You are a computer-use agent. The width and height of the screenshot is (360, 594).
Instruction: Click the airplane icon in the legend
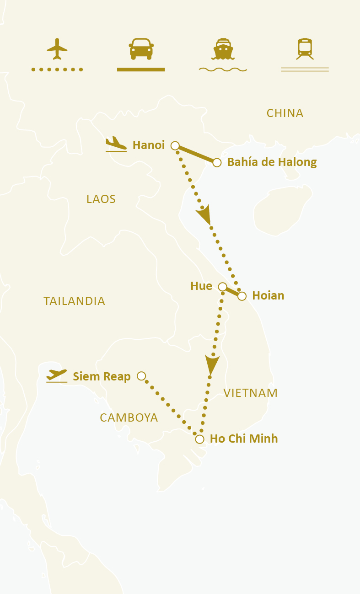pyautogui.click(x=57, y=48)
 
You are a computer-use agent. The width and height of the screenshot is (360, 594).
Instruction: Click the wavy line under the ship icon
pyautogui.click(x=223, y=70)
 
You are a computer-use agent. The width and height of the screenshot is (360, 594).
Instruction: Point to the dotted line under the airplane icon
pyautogui.click(x=57, y=70)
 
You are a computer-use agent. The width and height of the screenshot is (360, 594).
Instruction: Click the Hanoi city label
pyautogui.click(x=148, y=145)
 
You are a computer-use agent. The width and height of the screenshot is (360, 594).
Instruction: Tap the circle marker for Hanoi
pyautogui.click(x=175, y=145)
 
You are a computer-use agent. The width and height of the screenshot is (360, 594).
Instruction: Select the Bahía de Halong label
pyautogui.click(x=272, y=162)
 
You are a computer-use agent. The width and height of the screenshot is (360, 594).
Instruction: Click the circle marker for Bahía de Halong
pyautogui.click(x=217, y=162)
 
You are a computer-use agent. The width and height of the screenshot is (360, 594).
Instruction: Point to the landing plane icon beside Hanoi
pyautogui.click(x=116, y=144)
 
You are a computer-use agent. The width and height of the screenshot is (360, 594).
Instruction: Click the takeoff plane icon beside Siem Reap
pyautogui.click(x=57, y=375)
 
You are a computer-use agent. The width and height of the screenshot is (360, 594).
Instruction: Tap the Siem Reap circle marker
pyautogui.click(x=141, y=376)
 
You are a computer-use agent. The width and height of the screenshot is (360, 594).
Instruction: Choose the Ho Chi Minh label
pyautogui.click(x=243, y=439)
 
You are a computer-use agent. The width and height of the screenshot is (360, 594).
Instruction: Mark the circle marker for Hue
pyautogui.click(x=222, y=287)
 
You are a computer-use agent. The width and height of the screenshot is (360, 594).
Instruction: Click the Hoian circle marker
pyautogui.click(x=242, y=296)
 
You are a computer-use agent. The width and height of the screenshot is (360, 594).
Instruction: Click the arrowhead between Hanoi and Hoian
pyautogui.click(x=204, y=214)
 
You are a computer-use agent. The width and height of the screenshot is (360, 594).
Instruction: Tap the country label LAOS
pyautogui.click(x=101, y=199)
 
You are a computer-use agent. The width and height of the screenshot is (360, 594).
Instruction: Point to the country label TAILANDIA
pyautogui.click(x=74, y=301)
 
